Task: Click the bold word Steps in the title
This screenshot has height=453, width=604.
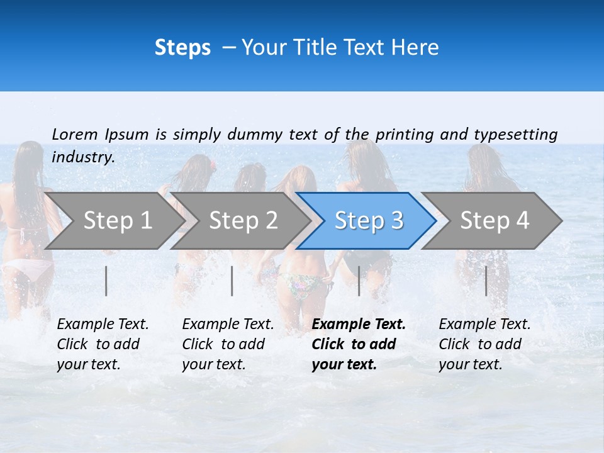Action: click(x=182, y=48)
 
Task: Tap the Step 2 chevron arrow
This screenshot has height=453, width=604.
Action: click(x=243, y=220)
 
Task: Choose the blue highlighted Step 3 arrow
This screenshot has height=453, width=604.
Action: click(x=369, y=220)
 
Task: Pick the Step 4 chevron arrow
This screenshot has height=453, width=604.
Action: click(x=495, y=220)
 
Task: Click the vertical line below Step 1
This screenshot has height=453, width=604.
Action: click(x=106, y=281)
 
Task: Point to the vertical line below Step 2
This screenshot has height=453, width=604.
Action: click(x=232, y=281)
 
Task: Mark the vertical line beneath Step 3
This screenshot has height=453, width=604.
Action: click(x=359, y=281)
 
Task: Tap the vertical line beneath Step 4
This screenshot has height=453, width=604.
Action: click(x=486, y=281)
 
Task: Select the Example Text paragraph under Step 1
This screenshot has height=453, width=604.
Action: click(x=103, y=344)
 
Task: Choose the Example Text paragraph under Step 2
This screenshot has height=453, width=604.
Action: click(x=228, y=344)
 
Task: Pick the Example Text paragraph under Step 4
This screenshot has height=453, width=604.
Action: click(x=484, y=344)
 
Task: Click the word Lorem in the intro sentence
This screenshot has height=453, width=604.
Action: click(x=75, y=134)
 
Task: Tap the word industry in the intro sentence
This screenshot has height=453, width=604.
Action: click(x=83, y=157)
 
